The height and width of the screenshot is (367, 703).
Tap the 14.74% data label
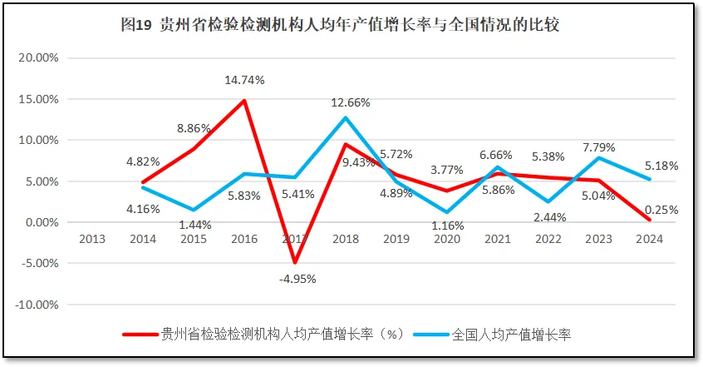tap(244, 81)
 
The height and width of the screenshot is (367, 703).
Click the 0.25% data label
tap(661, 210)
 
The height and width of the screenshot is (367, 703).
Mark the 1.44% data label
tap(194, 225)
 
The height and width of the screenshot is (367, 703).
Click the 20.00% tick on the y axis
tap(38, 58)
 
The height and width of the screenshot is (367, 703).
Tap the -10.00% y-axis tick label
tap(37, 305)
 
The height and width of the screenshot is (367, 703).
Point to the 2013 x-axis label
tap(92, 239)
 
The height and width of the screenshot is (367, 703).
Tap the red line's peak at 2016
tap(244, 101)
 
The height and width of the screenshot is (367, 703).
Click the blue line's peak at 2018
tap(346, 117)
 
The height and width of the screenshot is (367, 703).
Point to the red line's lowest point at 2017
tap(295, 263)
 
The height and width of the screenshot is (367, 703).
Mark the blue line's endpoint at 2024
tap(651, 180)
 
